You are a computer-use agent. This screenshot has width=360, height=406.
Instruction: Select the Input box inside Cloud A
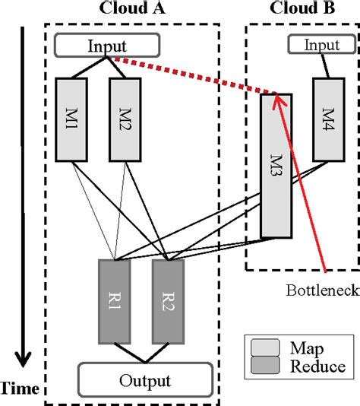tap(109, 46)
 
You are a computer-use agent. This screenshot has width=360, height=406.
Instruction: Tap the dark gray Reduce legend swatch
tap(266, 366)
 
